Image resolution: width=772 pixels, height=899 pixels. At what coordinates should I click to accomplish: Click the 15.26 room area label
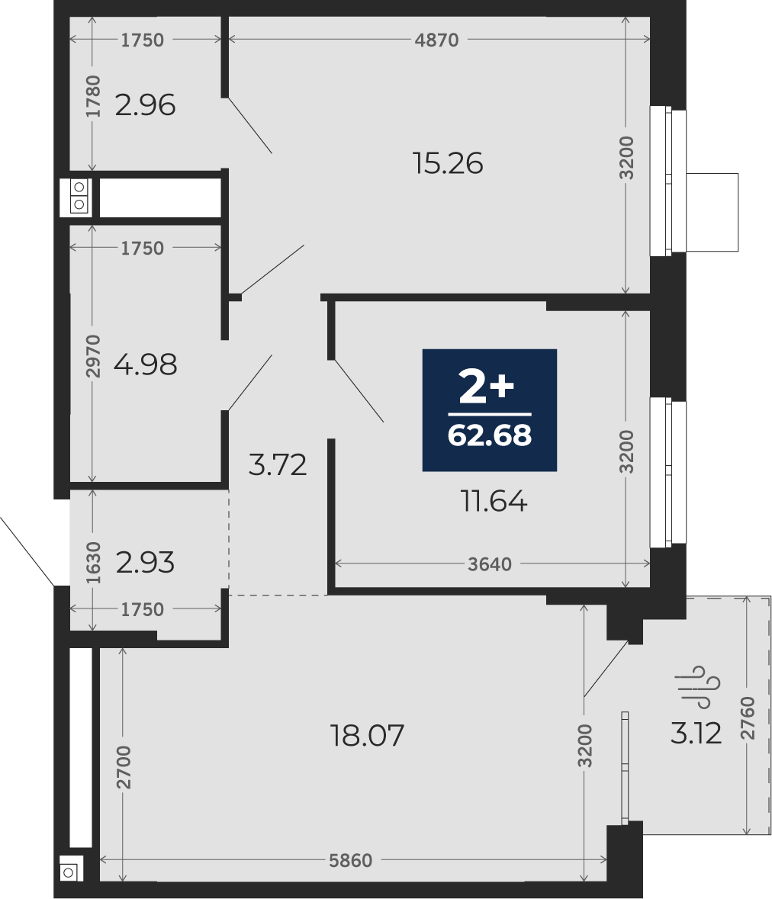tap(448, 163)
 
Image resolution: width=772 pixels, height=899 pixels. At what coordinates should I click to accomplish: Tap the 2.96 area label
tap(145, 105)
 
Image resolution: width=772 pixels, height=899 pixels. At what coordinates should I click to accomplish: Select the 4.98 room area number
tap(146, 364)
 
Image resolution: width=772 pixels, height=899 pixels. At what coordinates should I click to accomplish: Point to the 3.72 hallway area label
tap(278, 464)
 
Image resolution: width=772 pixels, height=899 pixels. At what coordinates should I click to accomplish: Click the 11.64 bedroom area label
tap(494, 502)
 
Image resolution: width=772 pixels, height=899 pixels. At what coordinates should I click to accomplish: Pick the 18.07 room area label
tap(368, 736)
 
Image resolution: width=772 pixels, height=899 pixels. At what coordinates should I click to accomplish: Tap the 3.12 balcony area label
tap(696, 734)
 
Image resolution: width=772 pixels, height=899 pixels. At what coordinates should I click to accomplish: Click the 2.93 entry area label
tap(145, 563)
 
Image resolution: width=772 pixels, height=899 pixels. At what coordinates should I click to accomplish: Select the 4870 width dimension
tap(437, 40)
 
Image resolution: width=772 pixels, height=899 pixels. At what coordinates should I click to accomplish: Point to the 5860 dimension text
tap(350, 861)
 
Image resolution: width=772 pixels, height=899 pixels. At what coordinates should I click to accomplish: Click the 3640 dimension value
tap(489, 565)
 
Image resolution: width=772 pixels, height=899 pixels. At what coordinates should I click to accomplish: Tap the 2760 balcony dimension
tap(748, 718)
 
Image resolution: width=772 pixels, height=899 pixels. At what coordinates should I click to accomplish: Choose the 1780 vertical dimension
tap(93, 96)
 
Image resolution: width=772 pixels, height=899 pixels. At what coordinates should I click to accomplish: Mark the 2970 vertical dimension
tap(93, 356)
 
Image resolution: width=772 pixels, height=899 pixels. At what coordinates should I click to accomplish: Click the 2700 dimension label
tap(124, 767)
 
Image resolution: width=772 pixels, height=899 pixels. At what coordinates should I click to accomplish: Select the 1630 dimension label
tap(93, 563)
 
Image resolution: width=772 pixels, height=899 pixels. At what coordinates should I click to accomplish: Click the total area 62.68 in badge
tap(490, 435)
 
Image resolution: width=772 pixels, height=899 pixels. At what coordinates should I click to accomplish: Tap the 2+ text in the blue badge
tap(487, 387)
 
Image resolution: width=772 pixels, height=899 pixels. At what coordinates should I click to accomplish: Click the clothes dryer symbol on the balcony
tap(697, 687)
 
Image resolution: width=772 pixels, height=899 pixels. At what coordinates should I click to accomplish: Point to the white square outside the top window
tap(712, 212)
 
